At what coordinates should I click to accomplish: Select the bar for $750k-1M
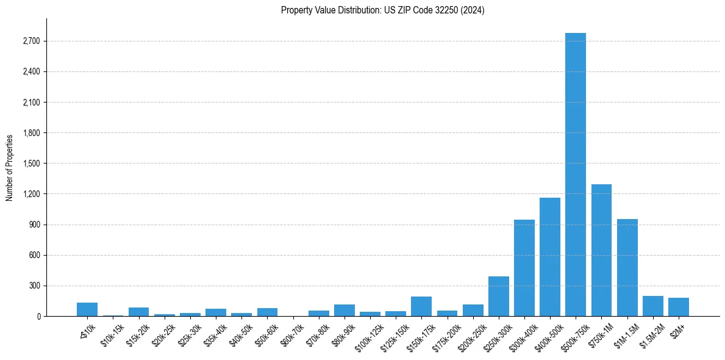[601, 250]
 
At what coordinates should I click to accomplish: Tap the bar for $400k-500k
[550, 257]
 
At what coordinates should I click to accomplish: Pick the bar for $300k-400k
[524, 268]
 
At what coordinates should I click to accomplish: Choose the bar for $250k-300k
[499, 297]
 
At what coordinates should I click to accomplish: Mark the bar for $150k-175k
[421, 306]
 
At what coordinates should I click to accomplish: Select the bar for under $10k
[87, 309]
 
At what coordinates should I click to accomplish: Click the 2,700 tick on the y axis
[30, 41]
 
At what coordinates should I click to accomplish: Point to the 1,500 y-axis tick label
[30, 164]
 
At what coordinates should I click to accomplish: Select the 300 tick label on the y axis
[34, 286]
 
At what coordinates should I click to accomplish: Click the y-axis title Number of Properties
[10, 167]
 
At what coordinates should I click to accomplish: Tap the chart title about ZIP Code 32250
[383, 10]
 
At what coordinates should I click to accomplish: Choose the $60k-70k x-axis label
[293, 334]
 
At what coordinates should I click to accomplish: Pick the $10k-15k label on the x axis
[113, 334]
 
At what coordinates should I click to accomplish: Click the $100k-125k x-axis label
[368, 336]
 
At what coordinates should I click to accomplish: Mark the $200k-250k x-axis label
[472, 336]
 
